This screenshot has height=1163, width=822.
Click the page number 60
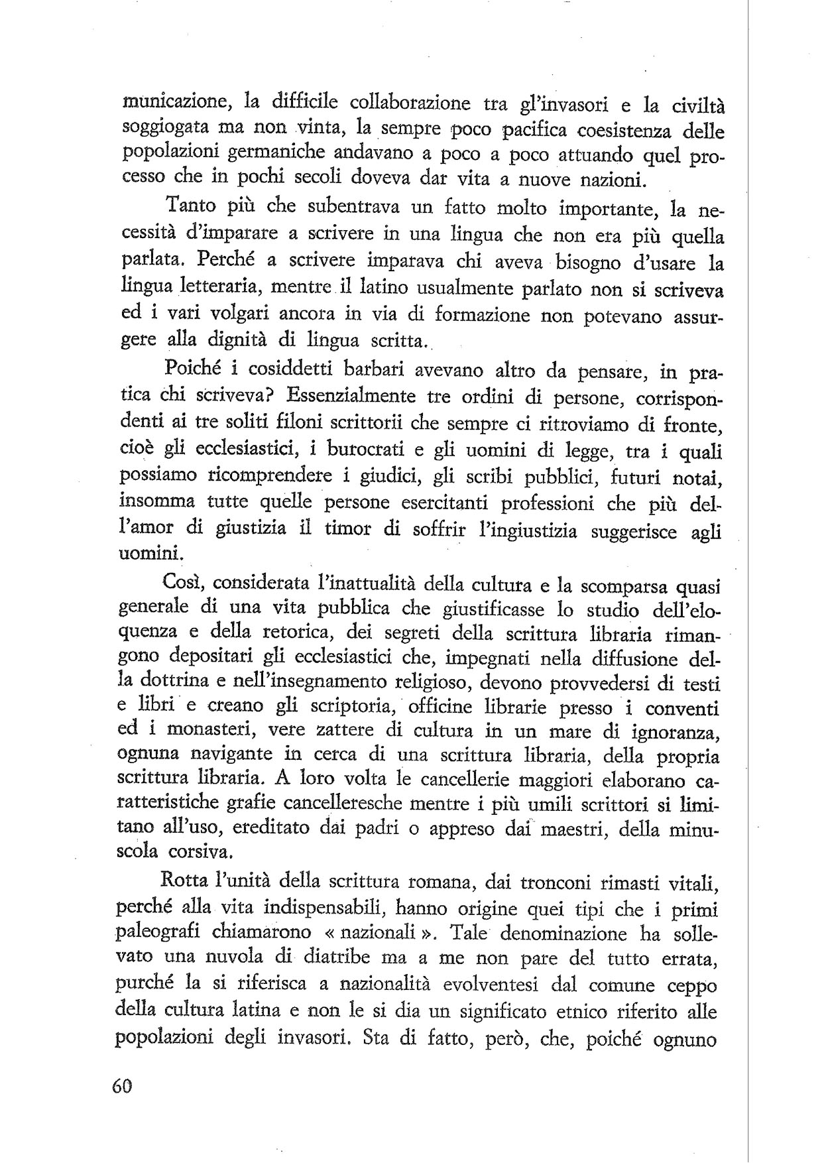[123, 1088]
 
